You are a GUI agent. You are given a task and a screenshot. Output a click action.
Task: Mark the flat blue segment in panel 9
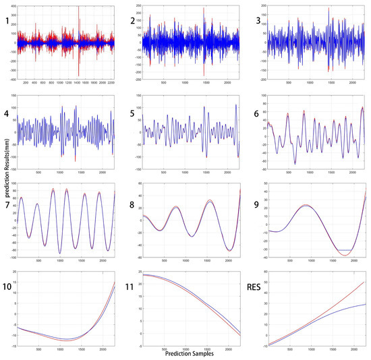[344, 250]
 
